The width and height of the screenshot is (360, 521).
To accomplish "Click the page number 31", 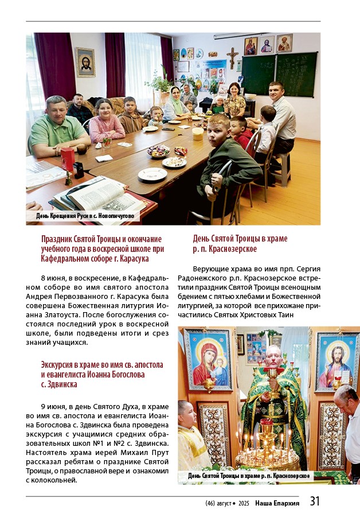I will point(315,501).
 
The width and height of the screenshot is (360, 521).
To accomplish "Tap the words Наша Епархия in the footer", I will point(277,503).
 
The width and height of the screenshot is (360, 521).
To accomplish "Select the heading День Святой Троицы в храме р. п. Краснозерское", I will point(240,243).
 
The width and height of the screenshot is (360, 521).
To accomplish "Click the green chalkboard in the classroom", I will point(279,73).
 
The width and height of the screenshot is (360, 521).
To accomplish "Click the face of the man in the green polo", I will point(57,108).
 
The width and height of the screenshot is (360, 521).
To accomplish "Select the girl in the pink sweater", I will point(106,121).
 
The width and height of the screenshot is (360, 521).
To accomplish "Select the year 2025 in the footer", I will point(243,503).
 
